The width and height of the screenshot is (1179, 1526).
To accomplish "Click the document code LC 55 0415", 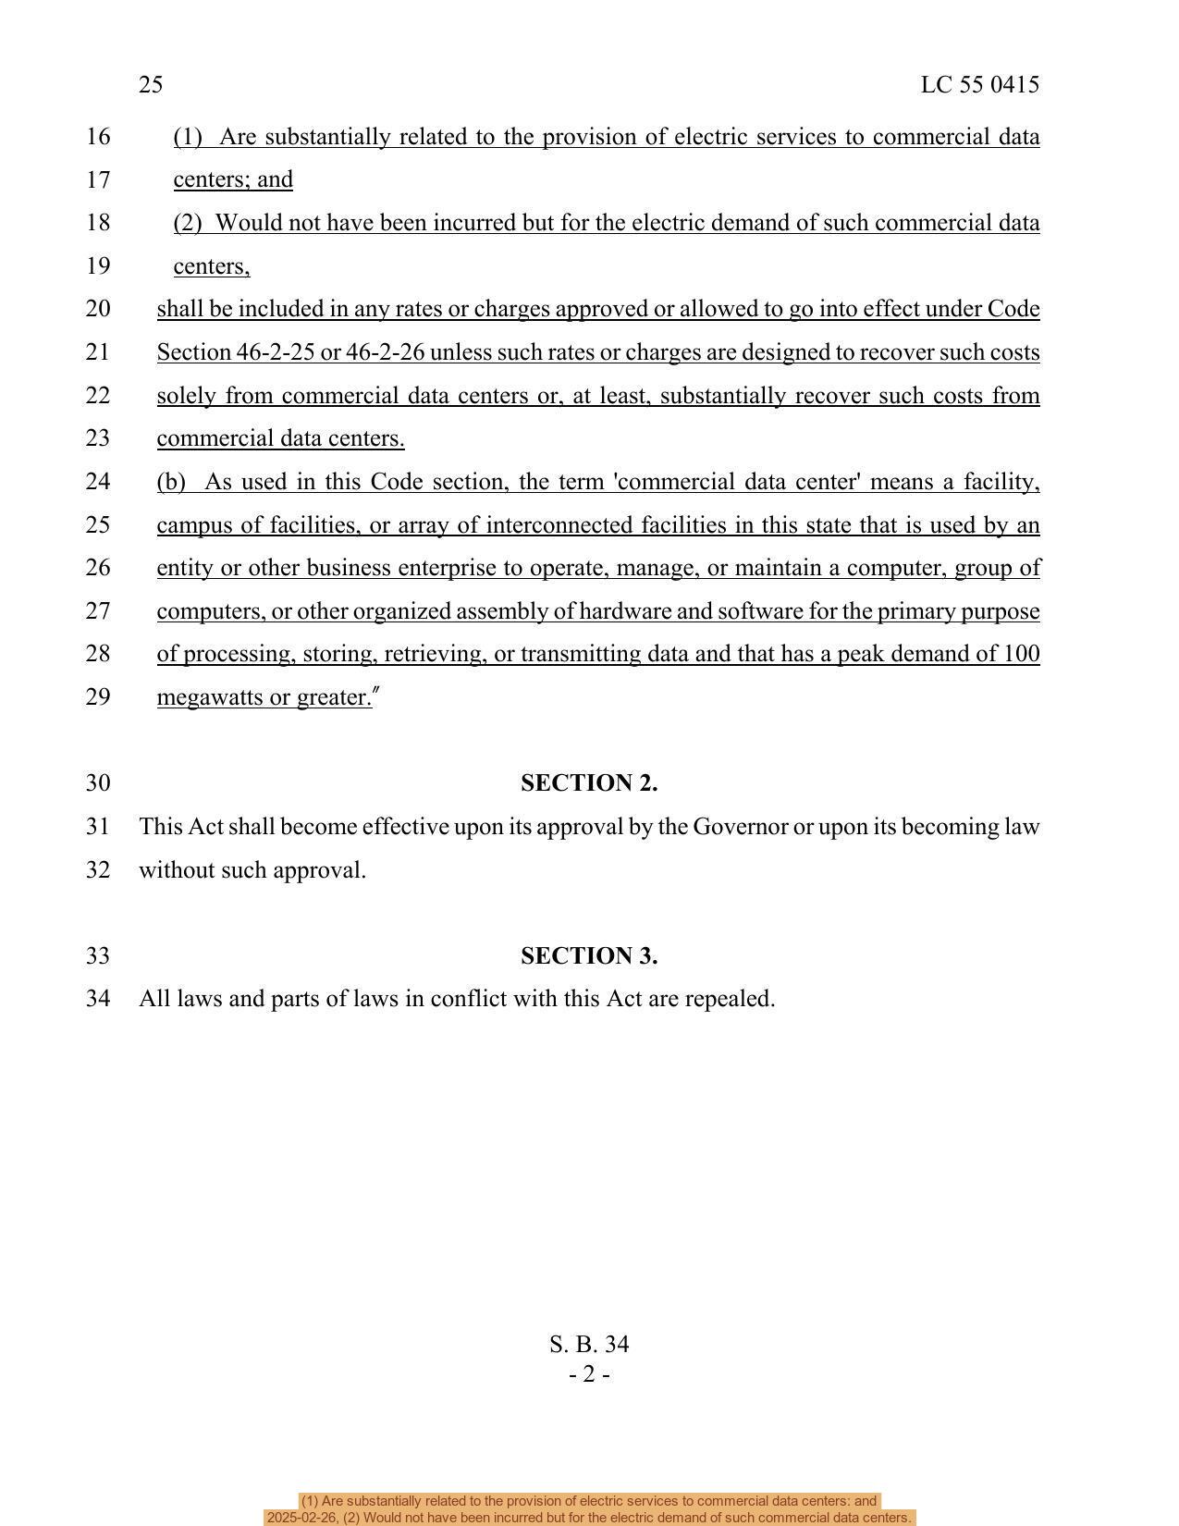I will [x=979, y=85].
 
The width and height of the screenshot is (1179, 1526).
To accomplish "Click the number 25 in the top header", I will [x=151, y=85].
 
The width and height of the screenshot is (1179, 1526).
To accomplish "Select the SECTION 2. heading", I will [x=589, y=783].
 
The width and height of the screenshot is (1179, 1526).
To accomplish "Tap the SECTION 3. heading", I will [x=589, y=956].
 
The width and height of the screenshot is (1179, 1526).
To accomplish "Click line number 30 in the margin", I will [x=98, y=783].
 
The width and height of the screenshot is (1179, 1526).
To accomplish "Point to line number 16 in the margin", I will [x=98, y=137].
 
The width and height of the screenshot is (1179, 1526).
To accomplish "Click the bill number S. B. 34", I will [x=589, y=1345].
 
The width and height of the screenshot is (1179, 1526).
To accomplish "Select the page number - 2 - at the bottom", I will [x=589, y=1375].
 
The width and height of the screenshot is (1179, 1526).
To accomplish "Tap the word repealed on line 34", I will [x=735, y=1000].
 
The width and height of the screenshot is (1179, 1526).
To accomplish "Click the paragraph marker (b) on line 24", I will [x=171, y=482].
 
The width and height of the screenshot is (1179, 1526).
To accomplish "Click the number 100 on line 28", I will [x=1021, y=654].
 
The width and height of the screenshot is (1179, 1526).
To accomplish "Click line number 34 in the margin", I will [x=98, y=1000].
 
